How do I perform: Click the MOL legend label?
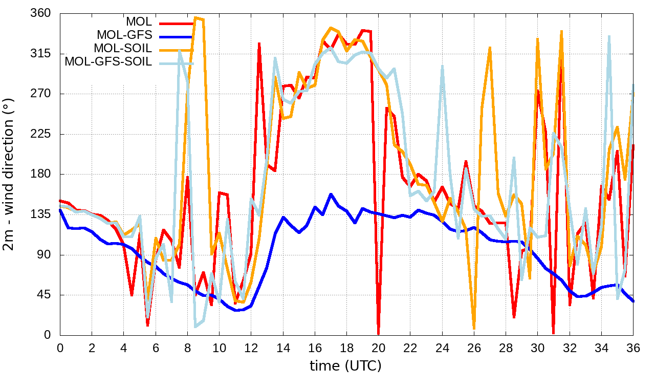[x=139, y=22]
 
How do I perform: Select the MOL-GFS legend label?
[x=124, y=35]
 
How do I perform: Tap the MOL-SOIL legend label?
[x=123, y=49]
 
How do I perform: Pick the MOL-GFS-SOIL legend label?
[x=108, y=62]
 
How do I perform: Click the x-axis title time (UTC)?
[x=346, y=366]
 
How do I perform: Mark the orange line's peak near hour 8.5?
[x=196, y=17]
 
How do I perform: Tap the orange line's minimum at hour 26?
[x=474, y=328]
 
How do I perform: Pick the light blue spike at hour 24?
[x=442, y=66]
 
